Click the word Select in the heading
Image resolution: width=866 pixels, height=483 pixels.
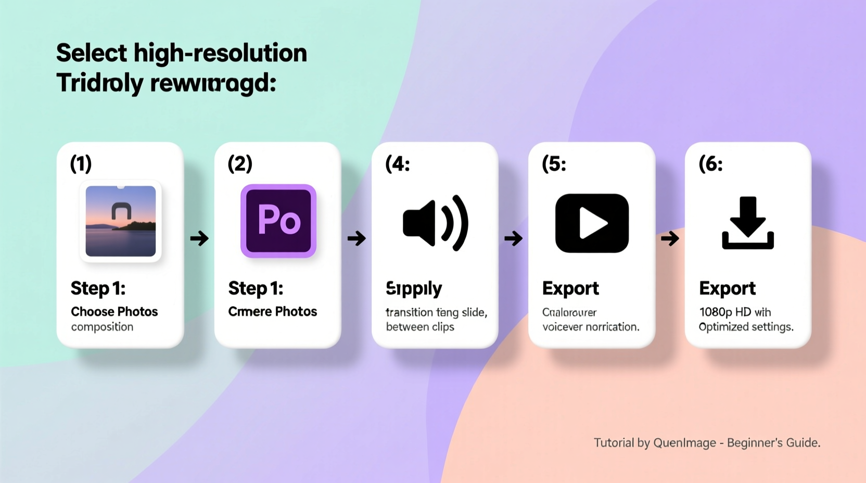(92, 53)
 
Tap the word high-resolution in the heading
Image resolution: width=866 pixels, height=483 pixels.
(220, 53)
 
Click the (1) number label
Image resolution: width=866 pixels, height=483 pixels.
(81, 164)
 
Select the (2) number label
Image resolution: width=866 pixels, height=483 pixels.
(240, 164)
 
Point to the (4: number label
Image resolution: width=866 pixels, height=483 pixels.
(398, 164)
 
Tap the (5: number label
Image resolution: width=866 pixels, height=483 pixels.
(554, 164)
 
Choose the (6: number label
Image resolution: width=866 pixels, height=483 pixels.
(710, 164)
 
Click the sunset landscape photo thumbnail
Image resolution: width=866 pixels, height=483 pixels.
(120, 221)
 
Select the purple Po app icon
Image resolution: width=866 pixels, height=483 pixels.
(278, 221)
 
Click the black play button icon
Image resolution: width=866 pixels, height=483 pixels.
(592, 223)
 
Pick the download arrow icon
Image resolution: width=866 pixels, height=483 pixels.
(748, 223)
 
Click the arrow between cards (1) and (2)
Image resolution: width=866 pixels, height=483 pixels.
(199, 239)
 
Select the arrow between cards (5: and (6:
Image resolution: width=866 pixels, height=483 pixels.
(670, 239)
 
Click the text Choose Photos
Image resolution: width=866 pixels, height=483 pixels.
(114, 312)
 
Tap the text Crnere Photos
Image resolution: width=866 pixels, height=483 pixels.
(272, 312)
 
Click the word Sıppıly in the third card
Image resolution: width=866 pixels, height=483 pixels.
(414, 288)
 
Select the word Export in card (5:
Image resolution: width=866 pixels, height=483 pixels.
(570, 288)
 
